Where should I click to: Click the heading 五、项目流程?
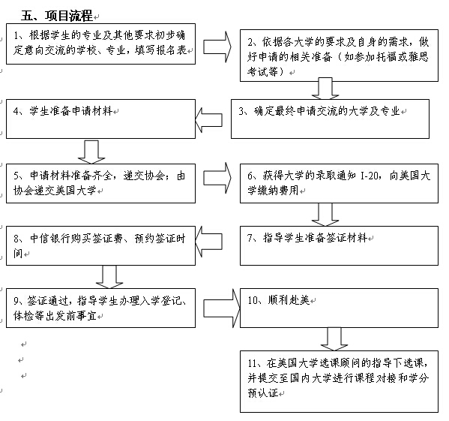[57, 16]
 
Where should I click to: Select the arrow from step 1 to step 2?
[217, 47]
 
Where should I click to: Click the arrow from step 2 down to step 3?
[325, 89]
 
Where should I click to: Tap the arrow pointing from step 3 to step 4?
[208, 120]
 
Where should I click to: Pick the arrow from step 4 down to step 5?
[91, 152]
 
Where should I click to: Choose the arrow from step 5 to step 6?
[217, 178]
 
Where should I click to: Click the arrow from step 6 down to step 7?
[325, 215]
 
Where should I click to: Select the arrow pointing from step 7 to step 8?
[208, 241]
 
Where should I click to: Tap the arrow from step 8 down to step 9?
[109, 277]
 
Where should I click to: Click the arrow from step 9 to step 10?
[222, 308]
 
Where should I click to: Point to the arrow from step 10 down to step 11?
[334, 339]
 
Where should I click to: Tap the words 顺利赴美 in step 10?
[289, 300]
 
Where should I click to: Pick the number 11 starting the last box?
[252, 363]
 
